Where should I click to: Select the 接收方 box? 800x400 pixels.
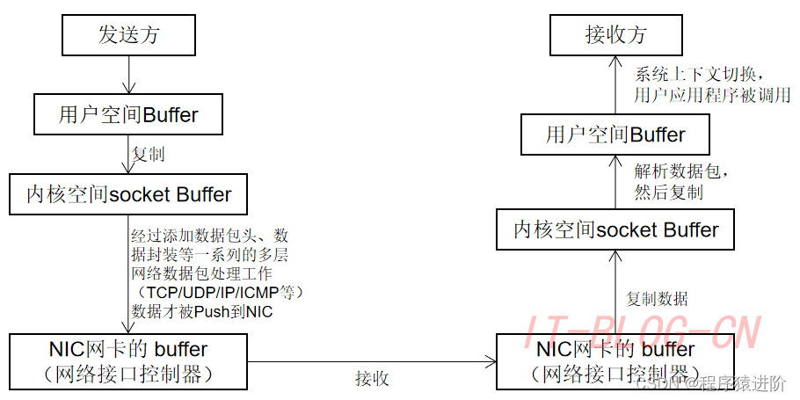pyautogui.click(x=615, y=36)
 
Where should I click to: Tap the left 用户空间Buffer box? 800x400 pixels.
pyautogui.click(x=128, y=114)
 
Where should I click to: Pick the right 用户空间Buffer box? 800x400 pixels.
pyautogui.click(x=615, y=135)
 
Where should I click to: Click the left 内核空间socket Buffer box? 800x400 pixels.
pyautogui.click(x=128, y=194)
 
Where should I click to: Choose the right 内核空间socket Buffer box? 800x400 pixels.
pyautogui.click(x=615, y=230)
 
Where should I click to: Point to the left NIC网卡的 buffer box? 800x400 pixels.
pyautogui.click(x=127, y=360)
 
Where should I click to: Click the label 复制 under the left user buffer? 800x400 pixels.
pyautogui.click(x=149, y=155)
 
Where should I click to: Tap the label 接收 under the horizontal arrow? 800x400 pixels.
pyautogui.click(x=372, y=379)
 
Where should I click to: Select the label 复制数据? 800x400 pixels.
pyautogui.click(x=657, y=299)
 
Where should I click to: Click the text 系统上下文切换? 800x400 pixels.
pyautogui.click(x=695, y=73)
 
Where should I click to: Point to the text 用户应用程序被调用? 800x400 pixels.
pyautogui.click(x=712, y=95)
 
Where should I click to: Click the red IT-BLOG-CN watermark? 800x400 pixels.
pyautogui.click(x=642, y=332)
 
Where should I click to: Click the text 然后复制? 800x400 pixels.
pyautogui.click(x=668, y=192)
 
